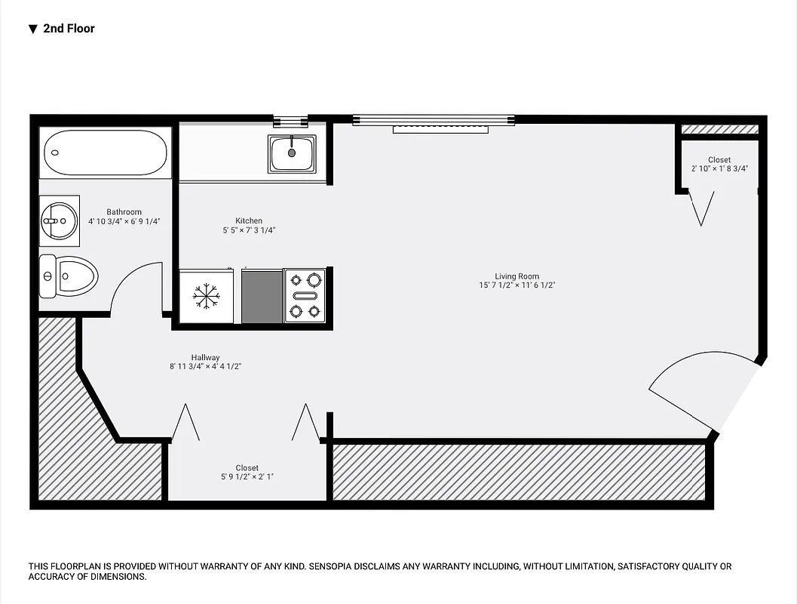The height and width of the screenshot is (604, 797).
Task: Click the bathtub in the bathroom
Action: click(105, 153)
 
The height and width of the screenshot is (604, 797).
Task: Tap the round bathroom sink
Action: click(58, 220)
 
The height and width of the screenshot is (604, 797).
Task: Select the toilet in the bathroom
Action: click(69, 276)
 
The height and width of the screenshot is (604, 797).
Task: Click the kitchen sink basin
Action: click(292, 153)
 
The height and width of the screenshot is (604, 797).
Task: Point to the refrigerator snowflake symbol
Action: click(204, 296)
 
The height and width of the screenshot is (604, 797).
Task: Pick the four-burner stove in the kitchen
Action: click(305, 296)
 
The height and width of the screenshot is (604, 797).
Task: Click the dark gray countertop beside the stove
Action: click(262, 296)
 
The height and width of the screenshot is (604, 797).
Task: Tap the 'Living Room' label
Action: click(517, 276)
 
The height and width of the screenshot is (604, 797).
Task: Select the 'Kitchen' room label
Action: click(249, 221)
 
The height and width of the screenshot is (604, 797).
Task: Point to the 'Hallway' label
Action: click(205, 357)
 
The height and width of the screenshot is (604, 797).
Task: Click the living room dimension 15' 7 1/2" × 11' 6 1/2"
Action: click(517, 285)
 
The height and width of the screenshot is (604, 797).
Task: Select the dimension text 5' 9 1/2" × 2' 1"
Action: click(247, 477)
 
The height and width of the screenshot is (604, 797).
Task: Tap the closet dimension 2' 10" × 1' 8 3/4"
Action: click(719, 168)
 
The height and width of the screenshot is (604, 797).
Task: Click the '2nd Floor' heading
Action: click(69, 29)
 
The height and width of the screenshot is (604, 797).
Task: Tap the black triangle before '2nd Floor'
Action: click(32, 29)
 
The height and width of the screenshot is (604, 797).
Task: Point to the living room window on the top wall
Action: click(434, 119)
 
